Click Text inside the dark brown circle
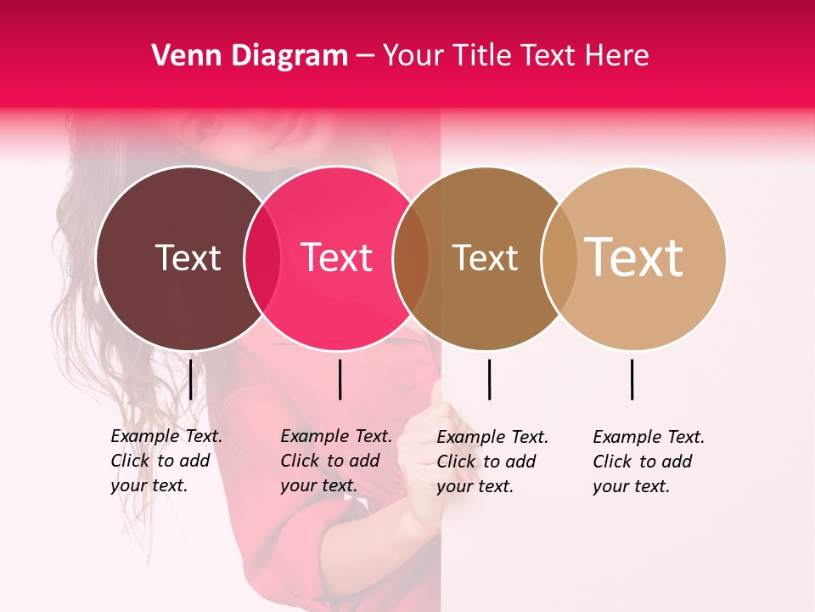click(x=188, y=258)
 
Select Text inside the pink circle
click(x=337, y=258)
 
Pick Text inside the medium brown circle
click(x=485, y=258)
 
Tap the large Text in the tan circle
click(x=634, y=258)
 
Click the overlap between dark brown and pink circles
click(x=262, y=258)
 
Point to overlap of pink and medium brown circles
click(x=411, y=258)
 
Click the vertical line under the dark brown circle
click(x=191, y=379)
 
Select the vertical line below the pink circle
click(x=340, y=379)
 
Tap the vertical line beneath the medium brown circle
click(x=489, y=379)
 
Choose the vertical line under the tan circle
click(x=632, y=379)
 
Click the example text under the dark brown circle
click(x=166, y=461)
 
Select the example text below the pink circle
click(x=335, y=461)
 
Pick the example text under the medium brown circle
click(x=492, y=462)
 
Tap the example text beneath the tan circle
click(x=648, y=462)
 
